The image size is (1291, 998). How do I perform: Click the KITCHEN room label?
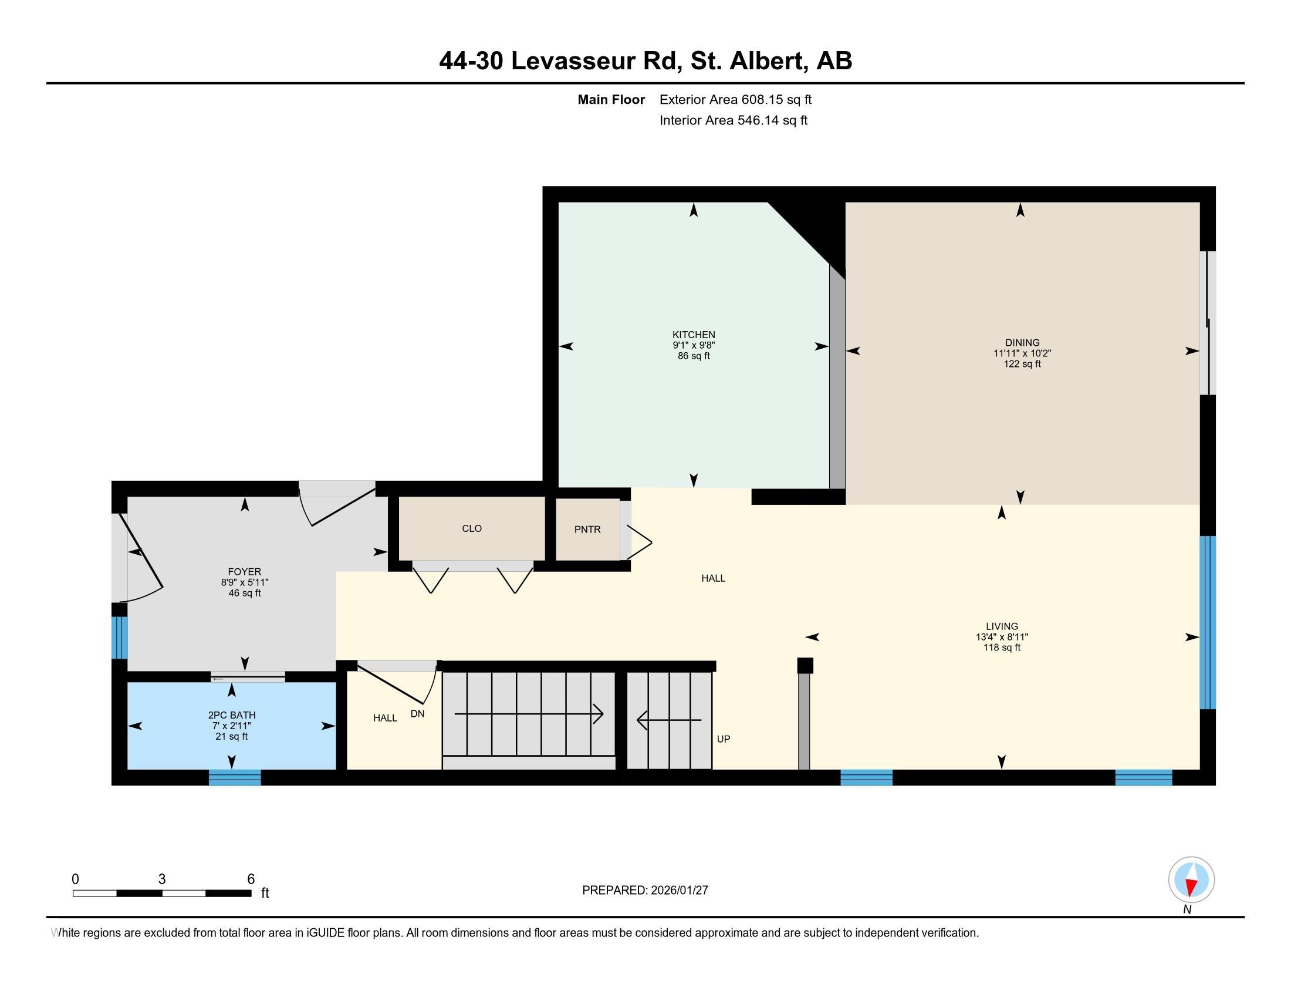pos(694,335)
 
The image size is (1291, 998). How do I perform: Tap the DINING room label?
pos(1022,342)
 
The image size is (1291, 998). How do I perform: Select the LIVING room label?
pos(1002,626)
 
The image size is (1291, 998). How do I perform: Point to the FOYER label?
pos(244,572)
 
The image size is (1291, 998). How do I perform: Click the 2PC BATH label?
pos(232,716)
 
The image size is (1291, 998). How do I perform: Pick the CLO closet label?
pos(472,528)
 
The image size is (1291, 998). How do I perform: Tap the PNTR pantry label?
pos(587,530)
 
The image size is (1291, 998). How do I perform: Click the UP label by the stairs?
pos(724,739)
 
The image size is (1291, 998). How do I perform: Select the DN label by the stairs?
pos(417,714)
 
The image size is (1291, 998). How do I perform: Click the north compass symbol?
pos(1191,880)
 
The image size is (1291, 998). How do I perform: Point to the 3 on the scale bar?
pos(162,879)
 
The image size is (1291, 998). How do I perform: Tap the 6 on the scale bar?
pos(251,879)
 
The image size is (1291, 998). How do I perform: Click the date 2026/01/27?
pos(679,891)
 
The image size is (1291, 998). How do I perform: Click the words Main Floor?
pos(611,99)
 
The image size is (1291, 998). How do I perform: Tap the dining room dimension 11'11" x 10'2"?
pos(1022,353)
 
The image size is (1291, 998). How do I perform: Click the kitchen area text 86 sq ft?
pos(694,356)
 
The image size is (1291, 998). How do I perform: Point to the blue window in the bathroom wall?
pos(235,777)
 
